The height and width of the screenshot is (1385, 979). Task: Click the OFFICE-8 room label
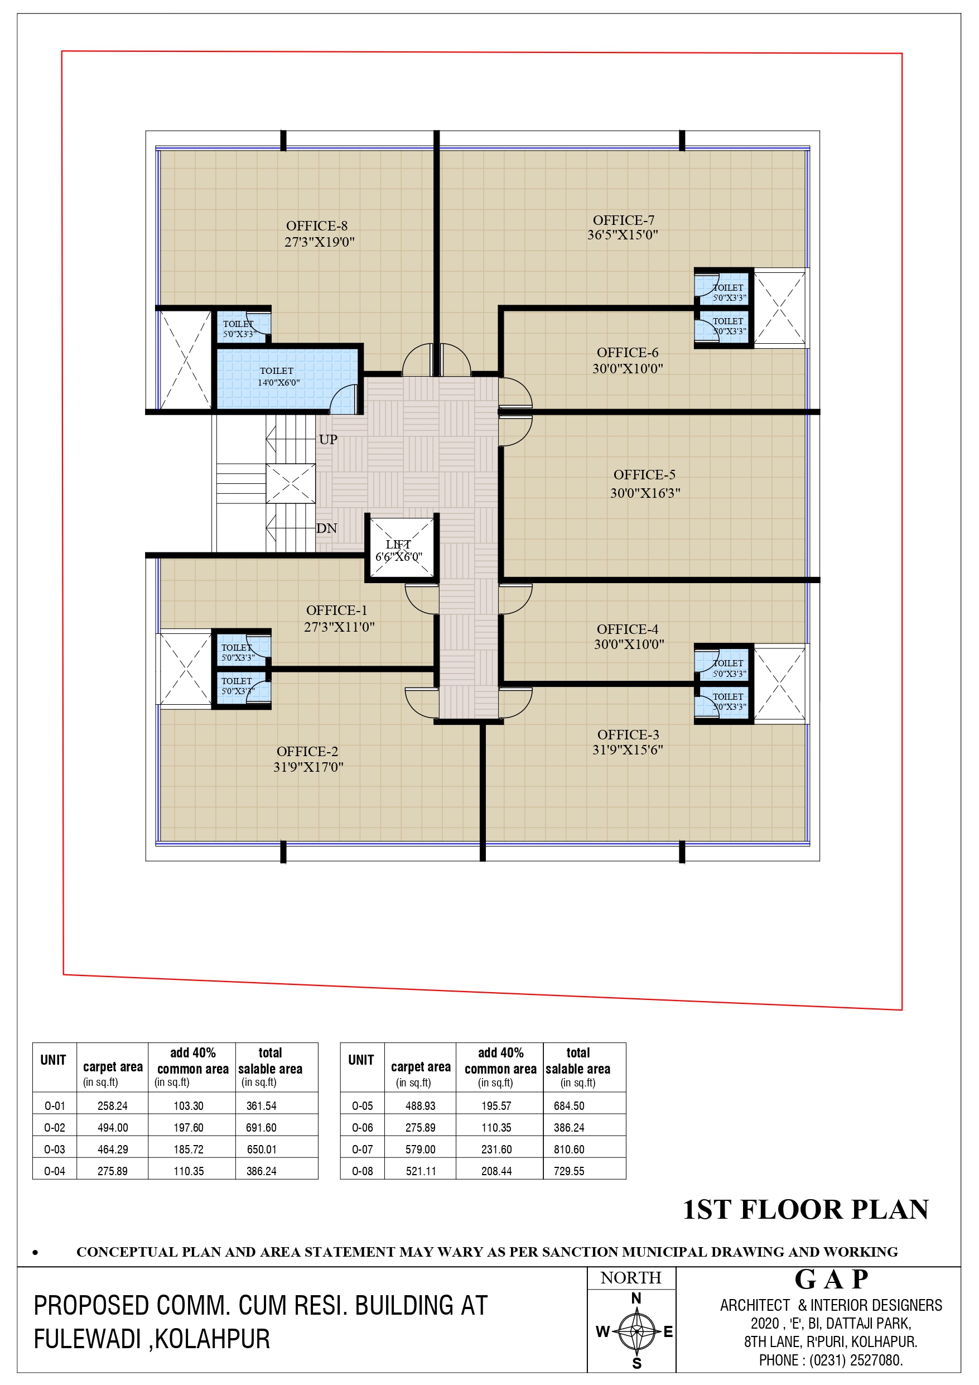[317, 225]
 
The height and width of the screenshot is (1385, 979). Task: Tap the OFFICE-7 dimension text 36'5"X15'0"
[623, 235]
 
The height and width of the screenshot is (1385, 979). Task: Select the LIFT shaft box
[401, 547]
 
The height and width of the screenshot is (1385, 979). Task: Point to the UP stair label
[328, 439]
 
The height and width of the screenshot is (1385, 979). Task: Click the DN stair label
[327, 528]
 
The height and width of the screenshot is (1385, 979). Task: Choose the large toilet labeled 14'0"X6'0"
[288, 378]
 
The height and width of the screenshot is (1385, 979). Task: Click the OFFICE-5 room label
[644, 475]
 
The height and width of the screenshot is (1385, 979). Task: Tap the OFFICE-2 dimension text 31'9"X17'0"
[308, 767]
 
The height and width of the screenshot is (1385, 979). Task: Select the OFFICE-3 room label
[628, 734]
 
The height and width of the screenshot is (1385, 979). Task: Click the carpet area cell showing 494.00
[113, 1127]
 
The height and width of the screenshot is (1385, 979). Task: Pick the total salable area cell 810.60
[569, 1149]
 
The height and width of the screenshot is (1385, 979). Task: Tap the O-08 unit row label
[363, 1171]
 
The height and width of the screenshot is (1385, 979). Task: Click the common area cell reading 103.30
[189, 1105]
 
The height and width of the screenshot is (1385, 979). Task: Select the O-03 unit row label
[54, 1149]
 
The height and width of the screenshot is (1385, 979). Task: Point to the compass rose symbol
[636, 1331]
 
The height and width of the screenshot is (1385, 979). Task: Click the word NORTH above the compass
[631, 1278]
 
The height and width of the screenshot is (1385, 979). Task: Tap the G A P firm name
[831, 1279]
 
